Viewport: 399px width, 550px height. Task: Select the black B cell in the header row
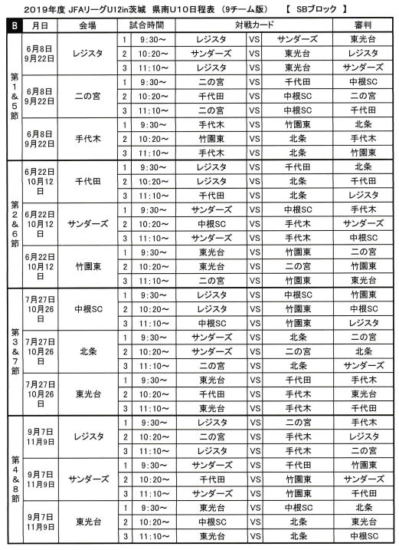pos(13,25)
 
